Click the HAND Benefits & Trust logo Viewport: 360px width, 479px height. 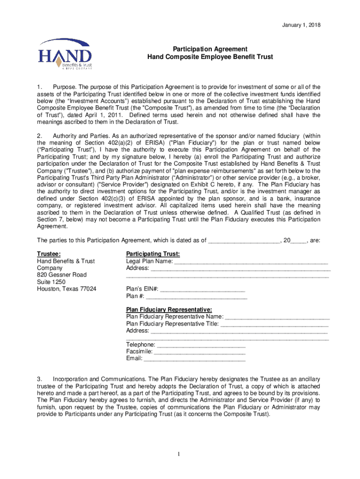tap(65, 54)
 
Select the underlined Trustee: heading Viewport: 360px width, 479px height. tap(49, 254)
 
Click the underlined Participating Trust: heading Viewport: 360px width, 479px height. tap(153, 254)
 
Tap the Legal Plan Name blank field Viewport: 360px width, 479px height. tap(251, 261)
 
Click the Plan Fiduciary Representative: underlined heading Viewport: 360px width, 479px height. tap(169, 310)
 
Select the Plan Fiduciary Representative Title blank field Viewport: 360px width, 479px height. tap(274, 324)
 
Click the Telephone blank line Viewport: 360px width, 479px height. tap(201, 345)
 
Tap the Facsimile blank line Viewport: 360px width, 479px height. tap(200, 352)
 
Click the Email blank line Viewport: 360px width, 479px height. tap(194, 359)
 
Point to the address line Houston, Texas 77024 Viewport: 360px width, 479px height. tap(67, 289)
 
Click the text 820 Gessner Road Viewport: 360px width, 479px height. tap(62, 275)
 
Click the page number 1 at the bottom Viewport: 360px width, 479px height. tap(179, 454)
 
